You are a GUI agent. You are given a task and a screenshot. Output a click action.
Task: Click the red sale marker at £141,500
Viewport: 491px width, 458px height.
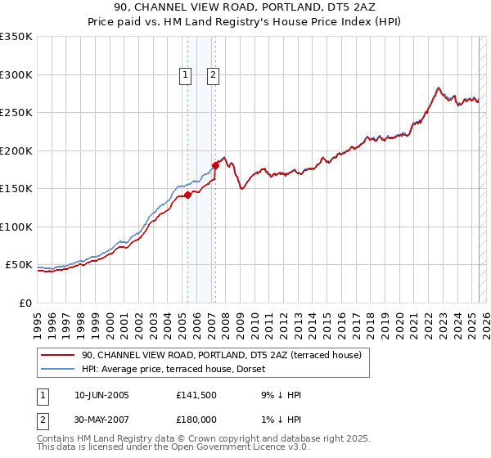tap(187, 195)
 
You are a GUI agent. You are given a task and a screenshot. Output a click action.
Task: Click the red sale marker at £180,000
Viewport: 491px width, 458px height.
tap(215, 165)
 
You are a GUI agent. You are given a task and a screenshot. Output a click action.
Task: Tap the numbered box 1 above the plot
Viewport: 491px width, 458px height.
tap(186, 75)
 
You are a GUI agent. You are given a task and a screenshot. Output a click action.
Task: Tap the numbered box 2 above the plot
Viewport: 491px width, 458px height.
tap(213, 75)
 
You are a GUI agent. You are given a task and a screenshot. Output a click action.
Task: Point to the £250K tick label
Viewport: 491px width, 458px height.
tap(16, 112)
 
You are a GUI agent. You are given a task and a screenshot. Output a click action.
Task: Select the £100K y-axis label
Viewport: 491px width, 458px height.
tap(16, 227)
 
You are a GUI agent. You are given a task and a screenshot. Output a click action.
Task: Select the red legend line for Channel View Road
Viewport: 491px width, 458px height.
tap(57, 355)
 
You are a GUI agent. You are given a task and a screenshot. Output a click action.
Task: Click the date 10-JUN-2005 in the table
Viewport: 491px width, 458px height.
tap(101, 395)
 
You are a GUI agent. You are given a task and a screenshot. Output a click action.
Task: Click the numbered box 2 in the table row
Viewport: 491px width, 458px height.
tap(42, 420)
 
